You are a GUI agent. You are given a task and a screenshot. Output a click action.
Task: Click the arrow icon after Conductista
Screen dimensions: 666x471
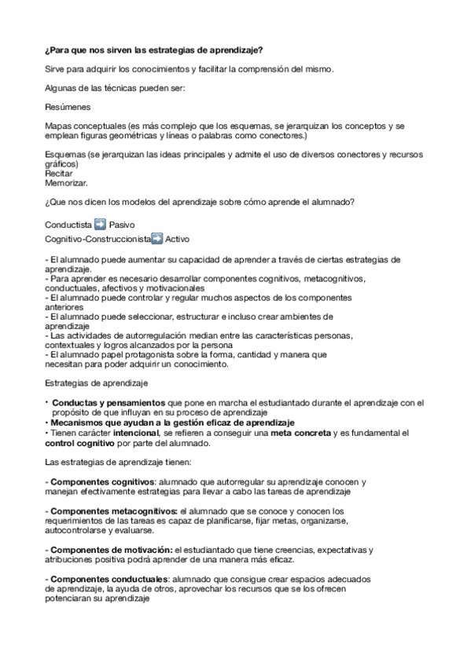tap(100, 224)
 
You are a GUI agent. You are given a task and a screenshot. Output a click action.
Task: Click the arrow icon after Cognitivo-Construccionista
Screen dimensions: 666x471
tap(157, 238)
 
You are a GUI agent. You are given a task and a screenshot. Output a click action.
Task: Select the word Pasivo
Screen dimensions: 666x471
tap(123, 224)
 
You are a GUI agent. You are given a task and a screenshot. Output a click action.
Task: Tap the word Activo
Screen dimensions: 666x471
tap(177, 238)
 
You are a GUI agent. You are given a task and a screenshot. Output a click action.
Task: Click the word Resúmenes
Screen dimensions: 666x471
tap(68, 106)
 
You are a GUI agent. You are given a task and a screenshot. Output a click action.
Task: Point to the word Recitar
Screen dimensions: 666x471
tap(58, 174)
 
